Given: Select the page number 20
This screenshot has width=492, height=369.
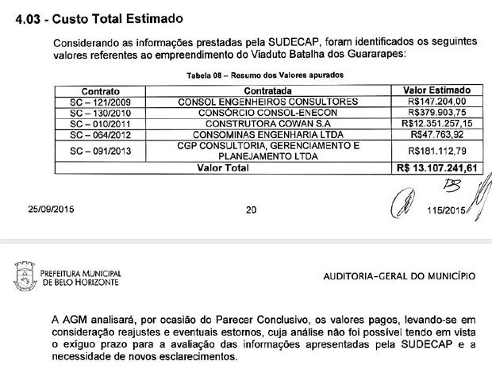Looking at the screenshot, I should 252,210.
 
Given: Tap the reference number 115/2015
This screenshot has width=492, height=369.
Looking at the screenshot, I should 444,211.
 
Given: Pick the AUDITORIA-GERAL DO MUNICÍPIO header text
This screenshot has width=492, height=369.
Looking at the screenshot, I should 401,276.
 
